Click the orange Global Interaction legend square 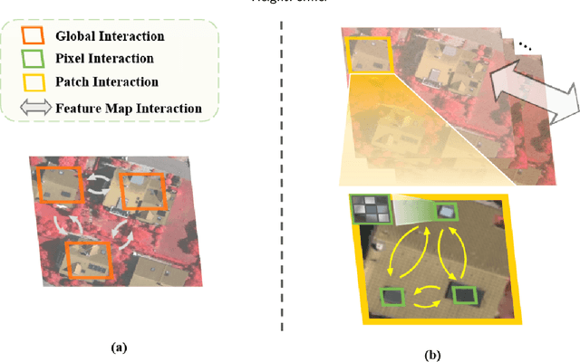34,37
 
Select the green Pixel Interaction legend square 34,58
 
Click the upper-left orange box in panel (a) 59,186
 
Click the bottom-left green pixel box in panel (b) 393,298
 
